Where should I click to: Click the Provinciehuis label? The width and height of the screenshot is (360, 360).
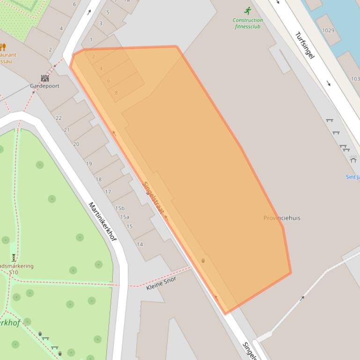(x=282, y=218)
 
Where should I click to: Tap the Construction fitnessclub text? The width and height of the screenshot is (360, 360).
(x=248, y=23)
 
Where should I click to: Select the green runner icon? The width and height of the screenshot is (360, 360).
(x=248, y=11)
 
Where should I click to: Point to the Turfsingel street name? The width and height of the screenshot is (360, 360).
(x=304, y=45)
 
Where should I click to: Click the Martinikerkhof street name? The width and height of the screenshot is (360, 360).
(x=102, y=221)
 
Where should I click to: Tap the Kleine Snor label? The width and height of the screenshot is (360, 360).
(x=161, y=283)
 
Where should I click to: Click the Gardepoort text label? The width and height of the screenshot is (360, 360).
(x=44, y=86)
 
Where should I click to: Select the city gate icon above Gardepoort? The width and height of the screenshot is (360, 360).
(x=44, y=78)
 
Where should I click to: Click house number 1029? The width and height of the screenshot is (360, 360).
(x=328, y=30)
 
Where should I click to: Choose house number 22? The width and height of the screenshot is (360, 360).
(x=59, y=118)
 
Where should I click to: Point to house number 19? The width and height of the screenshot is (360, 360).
(x=89, y=164)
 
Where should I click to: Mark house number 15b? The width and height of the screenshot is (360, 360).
(x=120, y=208)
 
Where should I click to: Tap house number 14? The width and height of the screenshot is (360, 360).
(x=140, y=244)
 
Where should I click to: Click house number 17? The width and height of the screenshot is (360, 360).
(x=108, y=192)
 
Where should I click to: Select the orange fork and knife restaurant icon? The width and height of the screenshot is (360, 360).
(x=3, y=47)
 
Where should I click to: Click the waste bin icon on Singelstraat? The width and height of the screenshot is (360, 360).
(x=203, y=260)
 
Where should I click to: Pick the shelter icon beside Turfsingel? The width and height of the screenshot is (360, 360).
(x=353, y=159)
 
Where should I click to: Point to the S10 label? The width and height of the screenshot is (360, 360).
(x=13, y=273)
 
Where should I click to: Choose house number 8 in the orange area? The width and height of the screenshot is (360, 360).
(x=116, y=93)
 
